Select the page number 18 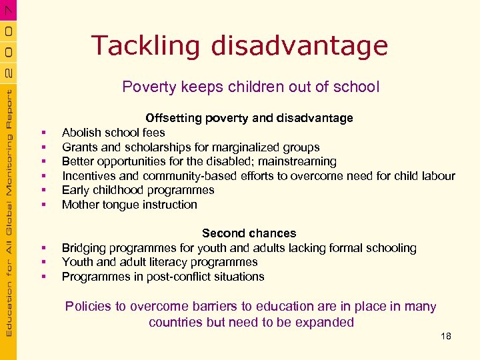[x=446, y=336]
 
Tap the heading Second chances [x=249, y=233]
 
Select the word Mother [x=80, y=205]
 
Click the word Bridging [x=85, y=248]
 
